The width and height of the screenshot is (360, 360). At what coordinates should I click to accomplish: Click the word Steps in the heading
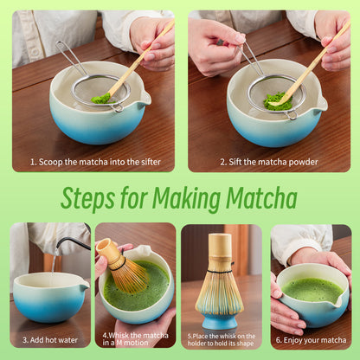[x=91, y=198]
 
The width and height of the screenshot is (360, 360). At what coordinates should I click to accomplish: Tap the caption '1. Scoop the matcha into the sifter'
[x=93, y=162]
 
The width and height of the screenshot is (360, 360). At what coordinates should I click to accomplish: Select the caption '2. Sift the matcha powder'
[x=268, y=162]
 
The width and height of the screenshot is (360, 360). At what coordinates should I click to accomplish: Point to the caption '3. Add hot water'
[x=49, y=340]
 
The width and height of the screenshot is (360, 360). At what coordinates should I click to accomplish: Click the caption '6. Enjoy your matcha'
[x=311, y=340]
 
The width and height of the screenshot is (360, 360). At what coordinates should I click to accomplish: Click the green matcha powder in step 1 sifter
[x=102, y=98]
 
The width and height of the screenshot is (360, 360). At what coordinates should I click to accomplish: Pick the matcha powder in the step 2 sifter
[x=278, y=101]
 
